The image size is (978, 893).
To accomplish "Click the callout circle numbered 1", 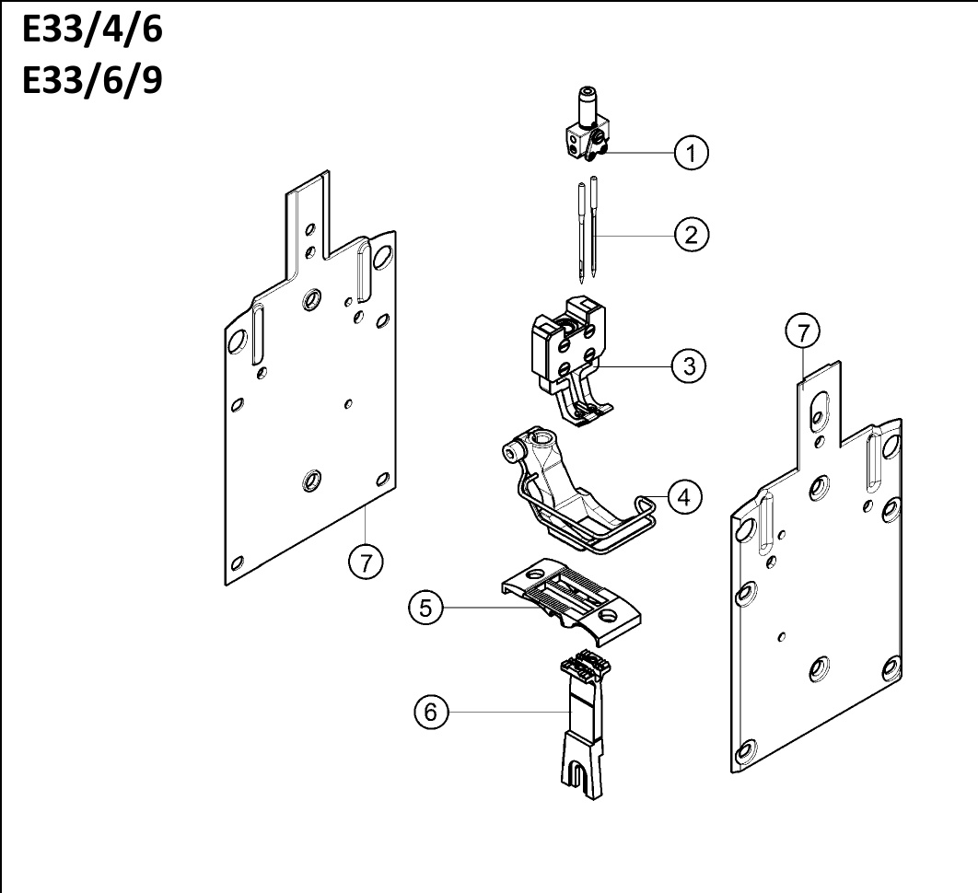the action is click(x=691, y=152).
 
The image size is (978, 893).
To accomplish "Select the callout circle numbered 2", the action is click(x=691, y=235).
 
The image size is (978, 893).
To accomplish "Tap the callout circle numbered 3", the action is click(x=689, y=365).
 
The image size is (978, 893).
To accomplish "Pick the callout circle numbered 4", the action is click(x=684, y=498).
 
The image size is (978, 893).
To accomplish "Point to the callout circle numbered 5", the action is click(x=426, y=608).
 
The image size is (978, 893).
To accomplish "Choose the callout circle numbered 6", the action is click(x=431, y=713).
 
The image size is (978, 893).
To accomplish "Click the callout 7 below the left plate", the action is click(x=366, y=562).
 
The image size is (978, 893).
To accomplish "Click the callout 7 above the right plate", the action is click(x=803, y=331).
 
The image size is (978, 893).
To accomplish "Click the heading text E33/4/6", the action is click(x=92, y=29).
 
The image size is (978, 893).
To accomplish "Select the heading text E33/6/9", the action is click(x=92, y=80).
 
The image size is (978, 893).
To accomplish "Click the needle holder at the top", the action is click(x=587, y=127).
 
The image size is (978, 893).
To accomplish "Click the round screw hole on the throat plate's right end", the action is click(x=607, y=616).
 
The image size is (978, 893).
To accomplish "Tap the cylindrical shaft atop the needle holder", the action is click(x=588, y=104).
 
